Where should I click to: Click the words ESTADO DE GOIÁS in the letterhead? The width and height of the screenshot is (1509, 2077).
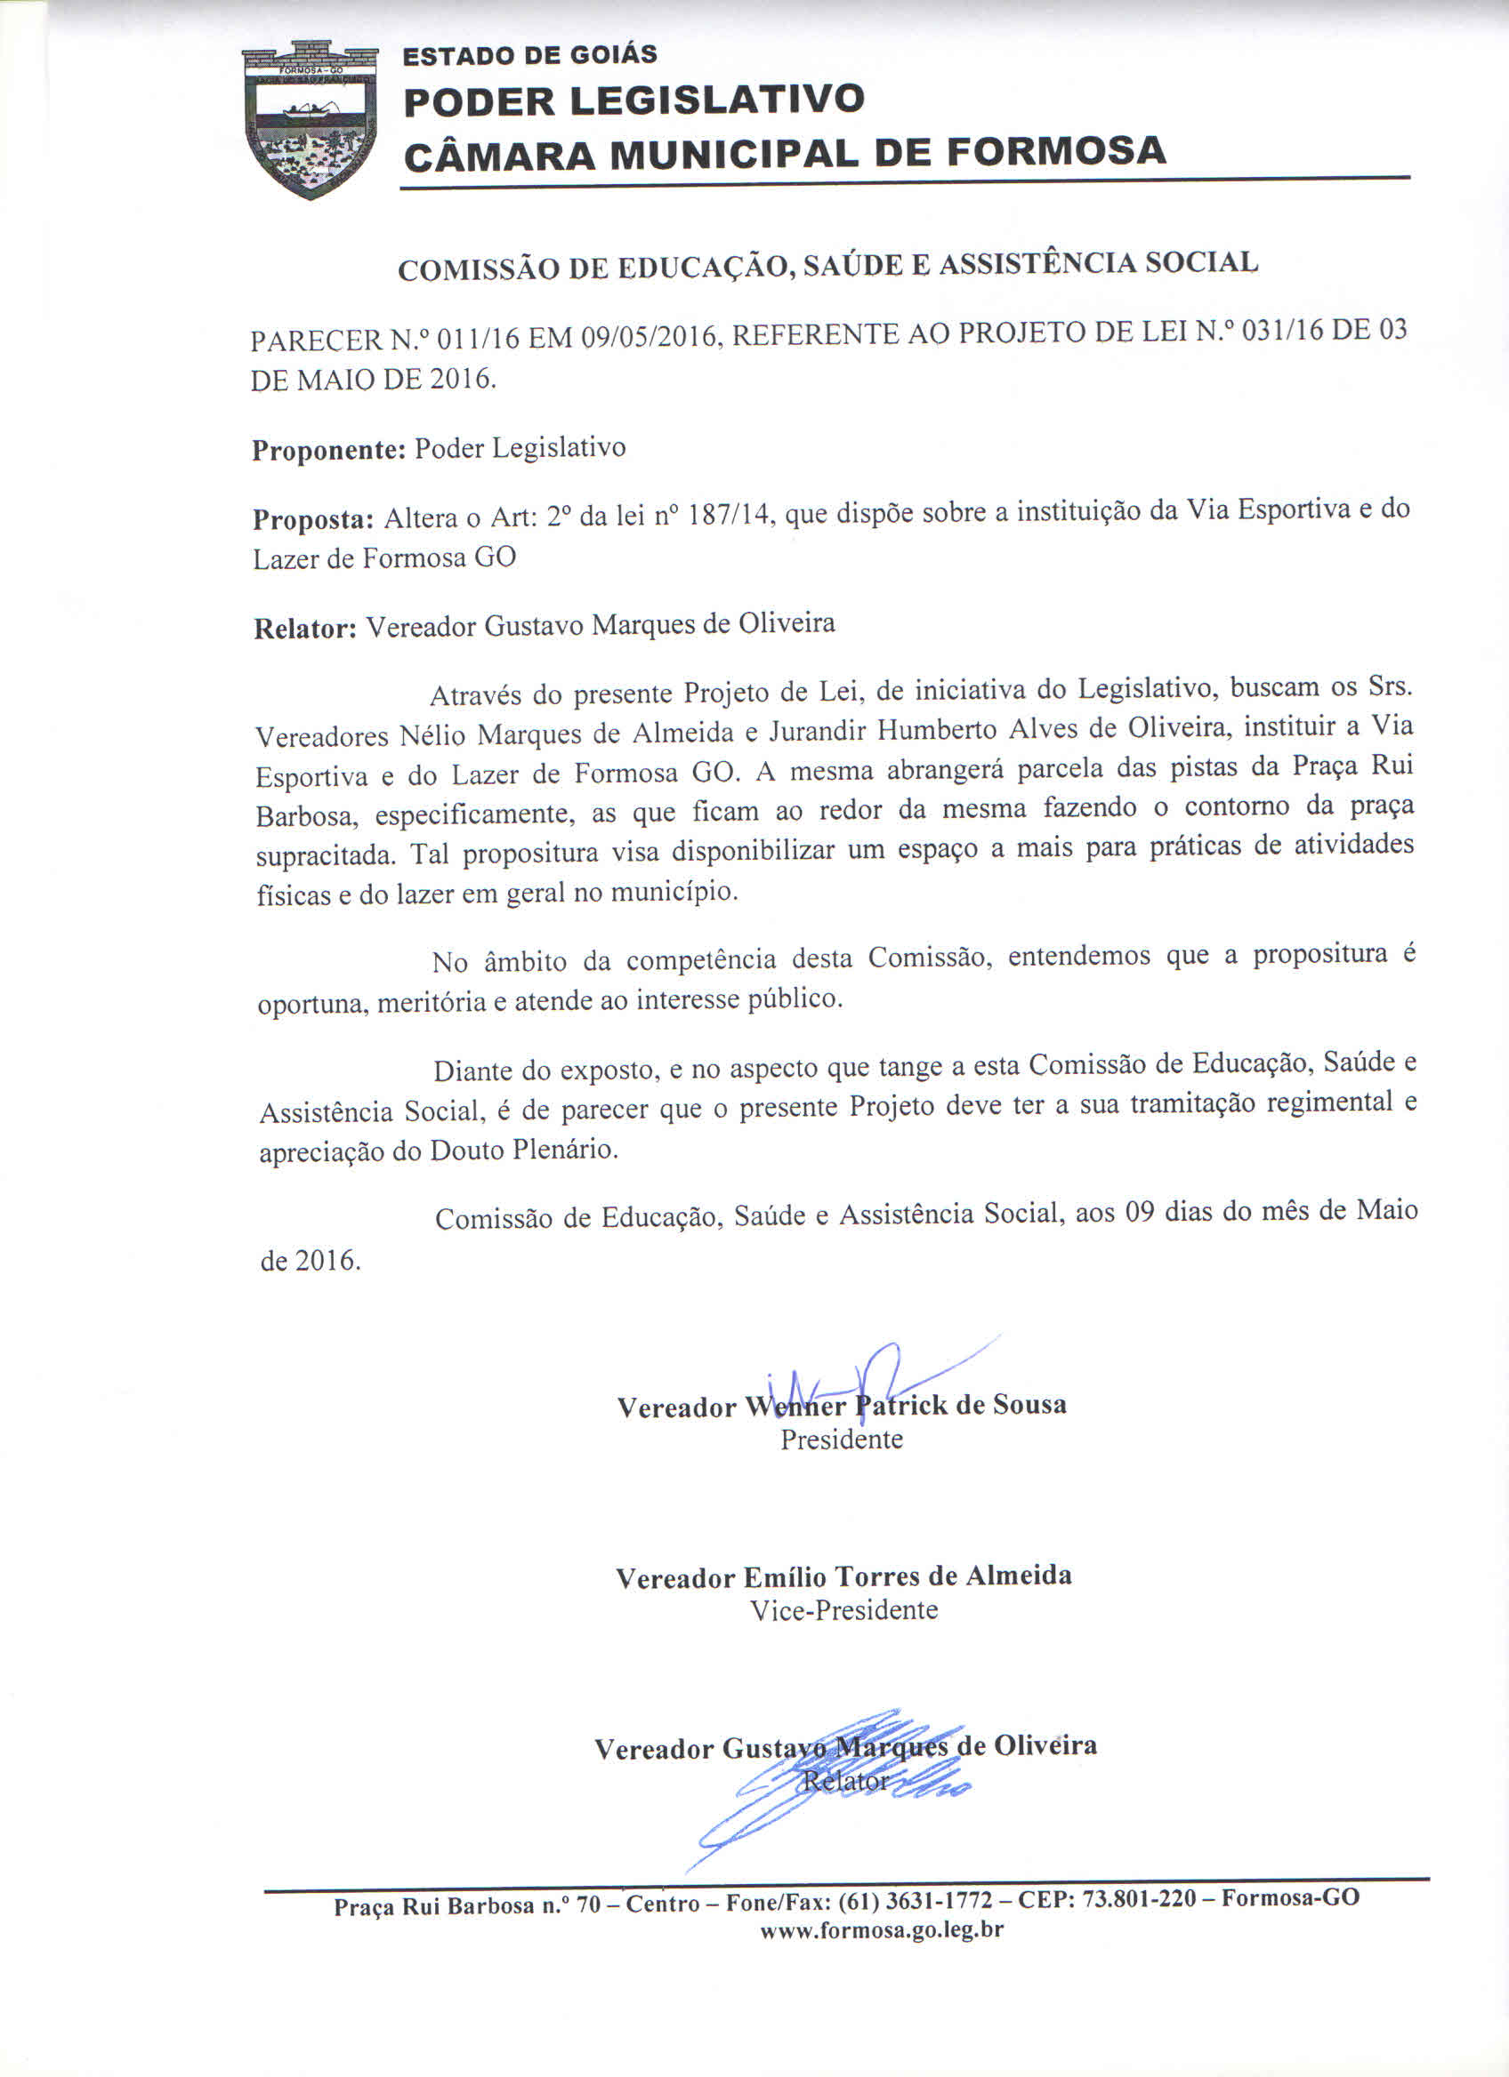tap(529, 55)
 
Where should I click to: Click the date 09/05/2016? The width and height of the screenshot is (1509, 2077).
tap(650, 337)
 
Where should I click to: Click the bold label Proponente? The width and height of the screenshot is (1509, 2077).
tap(328, 451)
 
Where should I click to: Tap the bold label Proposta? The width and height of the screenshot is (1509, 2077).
tap(312, 519)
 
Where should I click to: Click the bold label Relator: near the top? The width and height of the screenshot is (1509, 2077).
tap(304, 630)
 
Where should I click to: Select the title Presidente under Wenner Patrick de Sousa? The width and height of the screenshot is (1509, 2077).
tap(841, 1439)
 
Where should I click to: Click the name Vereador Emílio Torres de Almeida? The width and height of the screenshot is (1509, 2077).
tap(843, 1577)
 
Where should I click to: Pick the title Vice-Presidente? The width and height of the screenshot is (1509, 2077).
tap(843, 1611)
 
